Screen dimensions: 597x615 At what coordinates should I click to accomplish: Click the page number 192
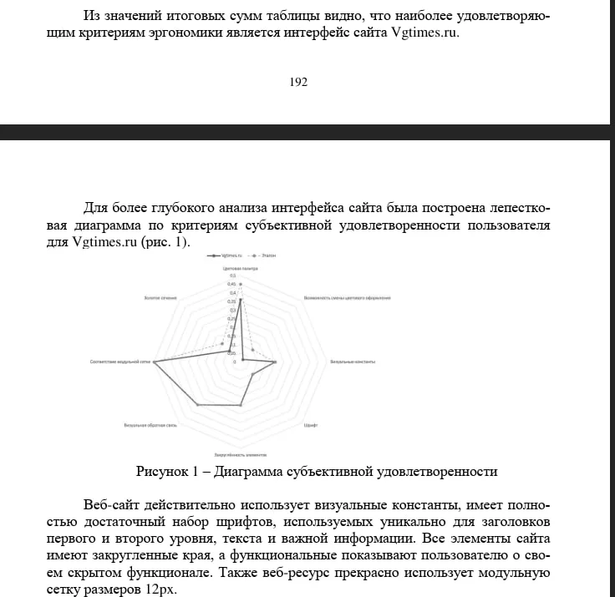click(x=298, y=82)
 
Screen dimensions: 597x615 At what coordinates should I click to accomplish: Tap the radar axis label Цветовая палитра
click(x=240, y=269)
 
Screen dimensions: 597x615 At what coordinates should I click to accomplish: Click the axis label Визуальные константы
click(x=353, y=362)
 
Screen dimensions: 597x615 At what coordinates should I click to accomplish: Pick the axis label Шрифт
click(x=310, y=426)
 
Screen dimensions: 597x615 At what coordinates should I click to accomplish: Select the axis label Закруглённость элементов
click(x=240, y=454)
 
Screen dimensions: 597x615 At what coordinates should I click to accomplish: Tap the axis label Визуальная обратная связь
click(x=150, y=426)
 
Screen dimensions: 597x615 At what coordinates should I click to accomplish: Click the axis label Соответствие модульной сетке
click(x=120, y=362)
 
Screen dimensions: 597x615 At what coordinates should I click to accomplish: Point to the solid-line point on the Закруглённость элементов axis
click(x=241, y=405)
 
